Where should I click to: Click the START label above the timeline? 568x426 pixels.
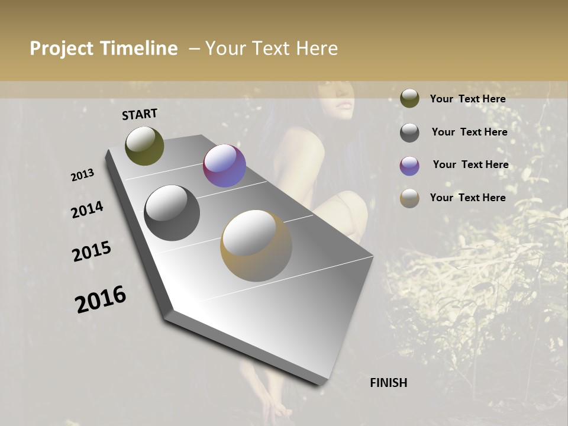point(140,114)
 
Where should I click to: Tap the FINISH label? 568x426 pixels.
point(388,383)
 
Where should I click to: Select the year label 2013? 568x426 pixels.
point(82,175)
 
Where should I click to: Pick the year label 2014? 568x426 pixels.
point(87,209)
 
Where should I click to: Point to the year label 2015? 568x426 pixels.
point(92,251)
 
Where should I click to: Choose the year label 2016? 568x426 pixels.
point(101,299)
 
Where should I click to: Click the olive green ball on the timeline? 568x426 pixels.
point(144,146)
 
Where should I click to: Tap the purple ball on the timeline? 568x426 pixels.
point(224,166)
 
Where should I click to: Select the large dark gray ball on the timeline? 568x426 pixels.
point(172,213)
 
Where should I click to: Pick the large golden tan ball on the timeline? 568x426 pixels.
point(256,246)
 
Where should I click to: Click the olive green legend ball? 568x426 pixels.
point(409,98)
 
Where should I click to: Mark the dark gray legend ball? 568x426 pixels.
point(409,133)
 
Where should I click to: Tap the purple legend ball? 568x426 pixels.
point(409,166)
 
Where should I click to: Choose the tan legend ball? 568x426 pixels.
point(409,198)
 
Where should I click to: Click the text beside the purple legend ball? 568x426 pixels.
point(470,164)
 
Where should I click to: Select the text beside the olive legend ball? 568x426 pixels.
point(467,99)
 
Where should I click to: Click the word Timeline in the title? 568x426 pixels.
point(138,49)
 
